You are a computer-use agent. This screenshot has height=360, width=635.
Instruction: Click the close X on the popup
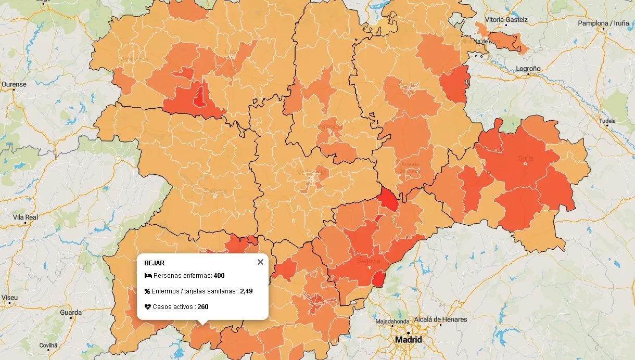tap(260, 262)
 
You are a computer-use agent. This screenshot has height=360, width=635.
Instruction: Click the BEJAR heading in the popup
tap(154, 263)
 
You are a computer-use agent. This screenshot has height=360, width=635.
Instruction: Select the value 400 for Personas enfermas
tap(219, 276)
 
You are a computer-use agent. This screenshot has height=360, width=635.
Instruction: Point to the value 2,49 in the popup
tap(246, 291)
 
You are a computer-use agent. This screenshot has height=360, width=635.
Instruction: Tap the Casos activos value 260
tap(203, 307)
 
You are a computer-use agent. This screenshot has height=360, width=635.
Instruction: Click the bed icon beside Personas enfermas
tap(148, 276)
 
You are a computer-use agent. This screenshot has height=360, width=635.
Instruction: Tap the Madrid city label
tap(409, 340)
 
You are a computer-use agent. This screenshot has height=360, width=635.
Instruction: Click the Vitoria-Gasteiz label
tap(506, 20)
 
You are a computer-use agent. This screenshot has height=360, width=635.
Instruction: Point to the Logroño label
tap(528, 69)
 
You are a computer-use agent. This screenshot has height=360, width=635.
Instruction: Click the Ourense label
tap(14, 84)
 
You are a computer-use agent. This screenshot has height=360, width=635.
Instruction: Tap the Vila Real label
tap(25, 217)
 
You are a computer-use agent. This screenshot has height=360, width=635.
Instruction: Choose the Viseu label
tap(9, 298)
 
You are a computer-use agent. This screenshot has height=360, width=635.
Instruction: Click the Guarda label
tap(71, 313)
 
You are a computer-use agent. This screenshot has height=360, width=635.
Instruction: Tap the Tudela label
tap(607, 121)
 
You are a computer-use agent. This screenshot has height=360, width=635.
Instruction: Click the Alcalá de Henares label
tap(440, 319)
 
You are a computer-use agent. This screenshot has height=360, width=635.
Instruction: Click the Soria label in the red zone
tap(526, 158)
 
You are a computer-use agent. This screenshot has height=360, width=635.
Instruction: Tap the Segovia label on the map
tap(369, 261)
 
